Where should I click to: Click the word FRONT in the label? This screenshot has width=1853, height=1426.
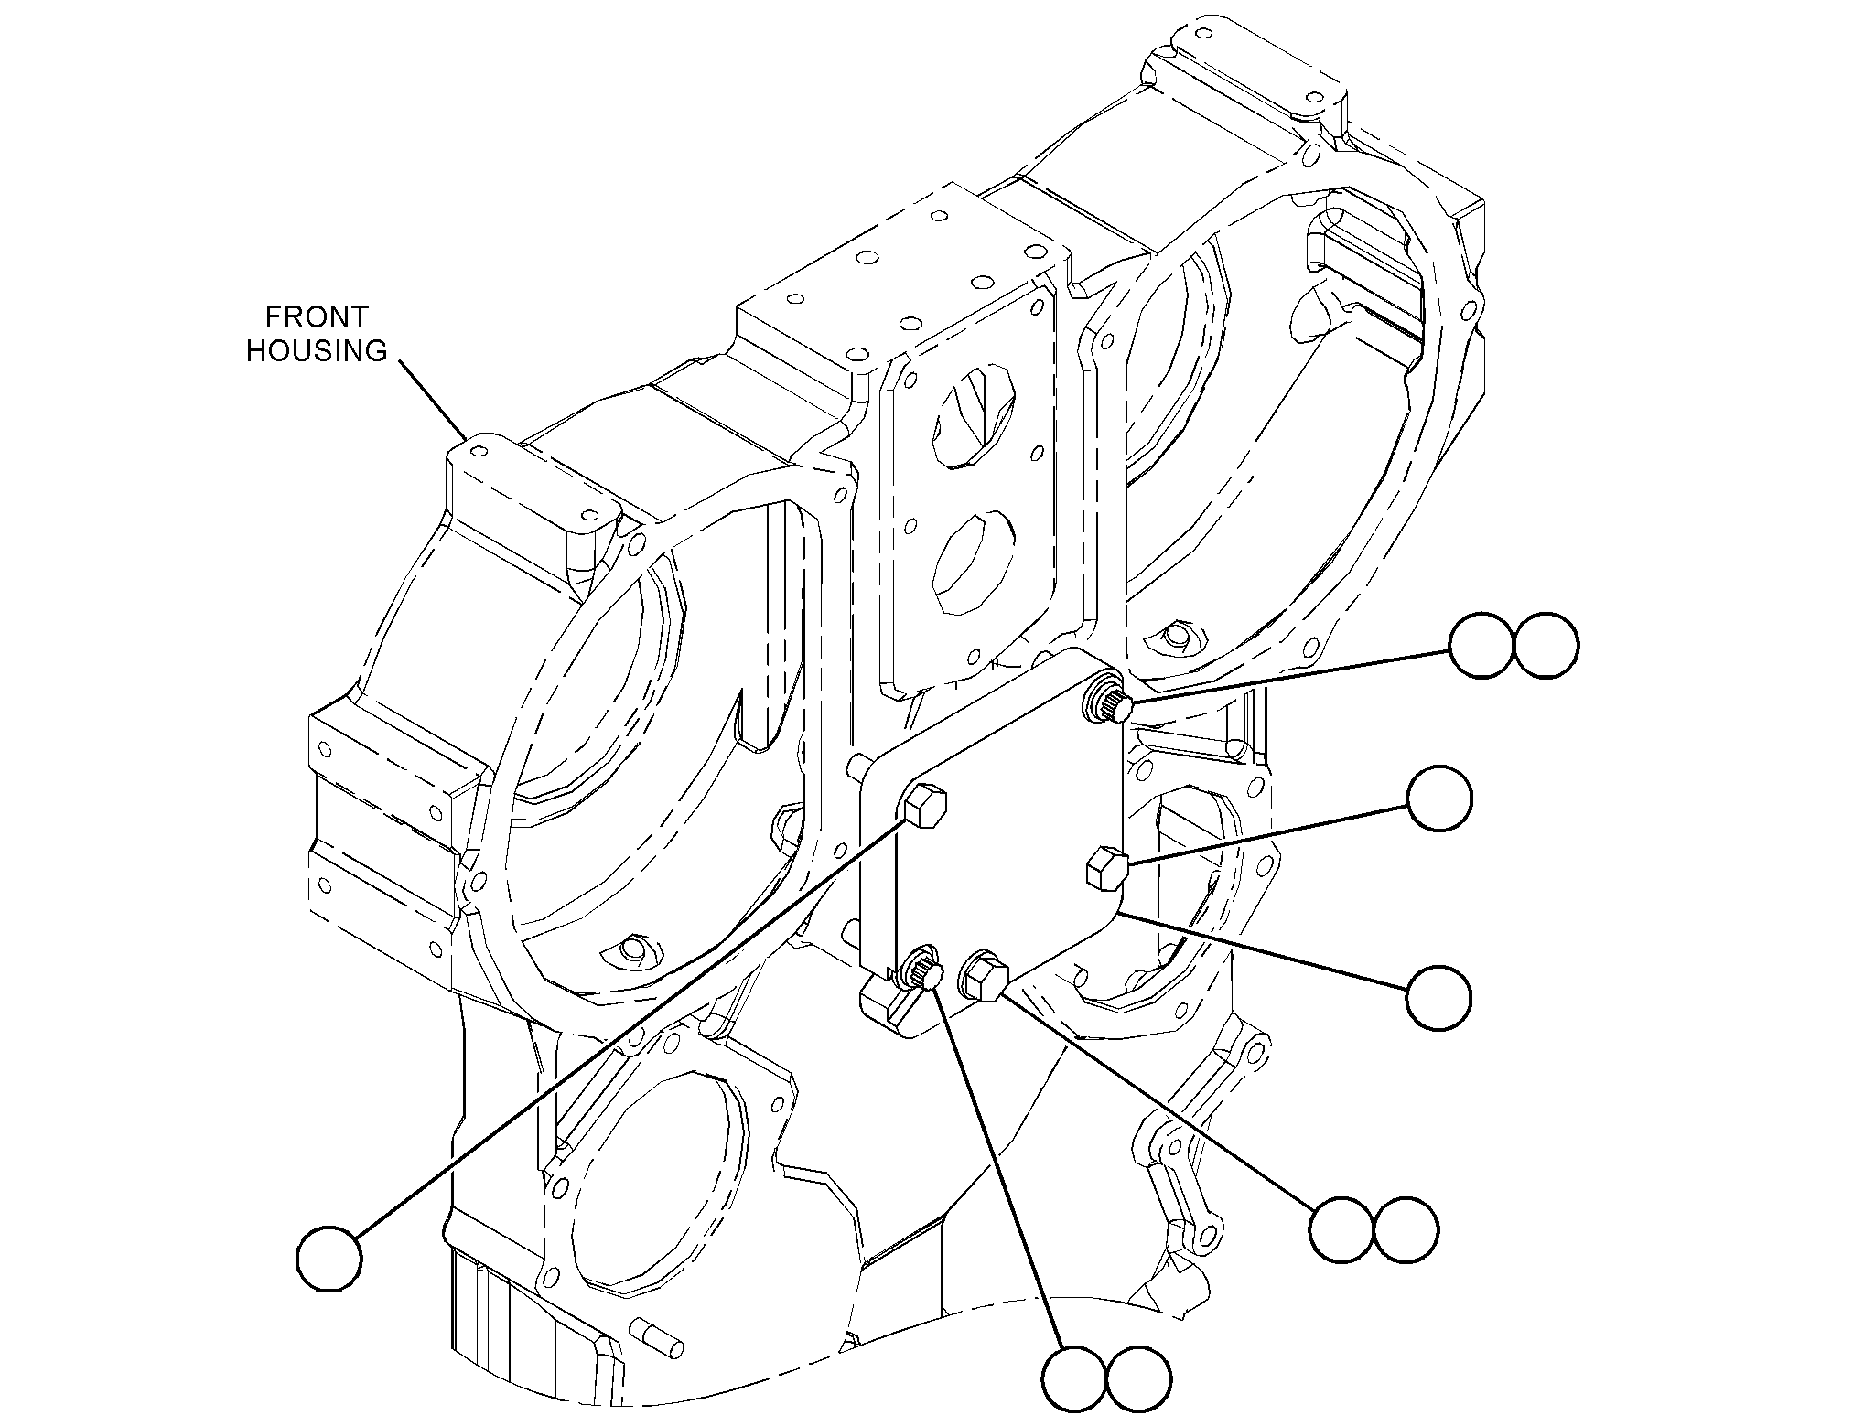tap(317, 317)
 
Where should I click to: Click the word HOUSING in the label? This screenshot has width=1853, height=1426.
tap(317, 351)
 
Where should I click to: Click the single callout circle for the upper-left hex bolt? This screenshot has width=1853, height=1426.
tap(329, 1260)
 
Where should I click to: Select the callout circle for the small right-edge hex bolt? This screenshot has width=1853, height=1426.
tap(1439, 799)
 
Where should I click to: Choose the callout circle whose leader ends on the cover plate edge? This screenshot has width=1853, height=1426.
tap(1439, 997)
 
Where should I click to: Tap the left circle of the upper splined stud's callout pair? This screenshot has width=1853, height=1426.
tap(1482, 645)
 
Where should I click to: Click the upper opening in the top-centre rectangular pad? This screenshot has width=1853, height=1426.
tap(974, 418)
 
